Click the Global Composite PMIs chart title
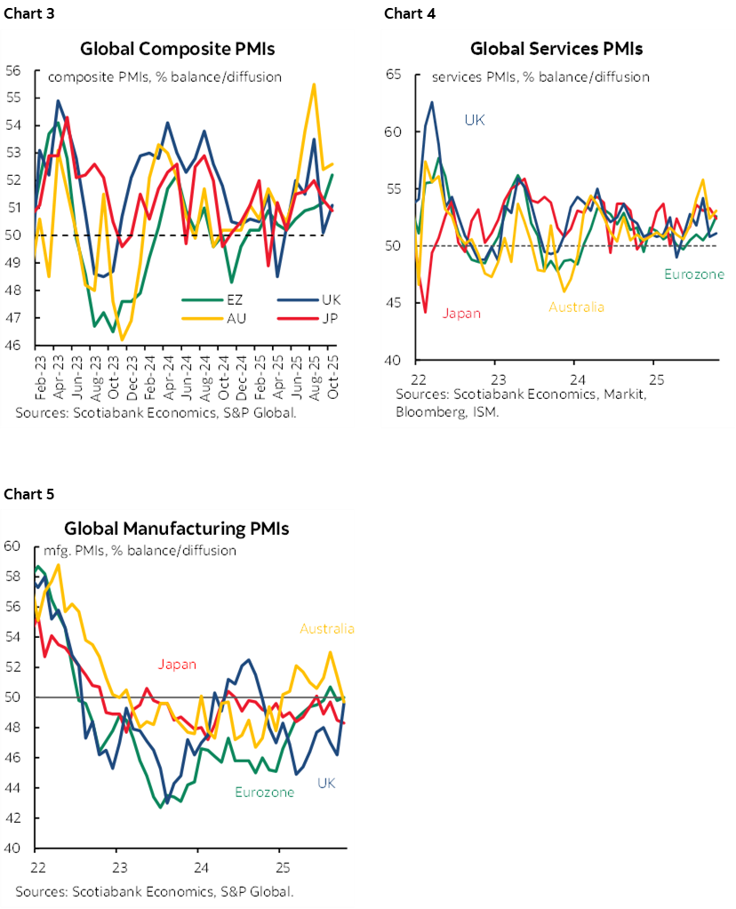coord(177,49)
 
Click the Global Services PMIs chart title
coord(556,49)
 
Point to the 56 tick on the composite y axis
coord(14,70)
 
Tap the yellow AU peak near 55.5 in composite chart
coord(314,85)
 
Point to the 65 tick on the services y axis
coord(394,76)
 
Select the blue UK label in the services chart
coord(475,119)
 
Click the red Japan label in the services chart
coord(461,313)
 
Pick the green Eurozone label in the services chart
coord(694,275)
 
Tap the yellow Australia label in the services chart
coord(576,307)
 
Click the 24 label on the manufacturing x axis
coord(200,866)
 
